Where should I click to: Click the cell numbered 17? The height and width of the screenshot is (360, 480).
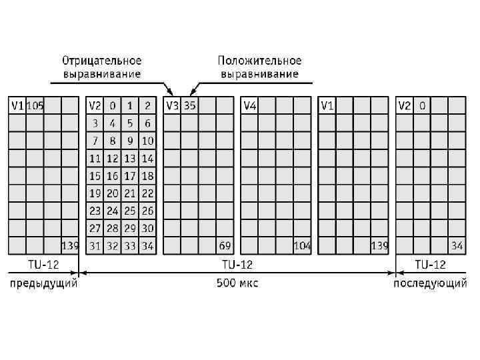tap(130, 176)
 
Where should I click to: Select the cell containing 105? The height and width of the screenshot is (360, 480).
tap(35, 105)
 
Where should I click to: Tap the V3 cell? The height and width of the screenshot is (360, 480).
tap(172, 105)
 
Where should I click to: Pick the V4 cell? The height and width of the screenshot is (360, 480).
tap(250, 105)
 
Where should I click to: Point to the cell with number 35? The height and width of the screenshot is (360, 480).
tap(190, 105)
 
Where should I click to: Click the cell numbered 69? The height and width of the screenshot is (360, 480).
tap(225, 246)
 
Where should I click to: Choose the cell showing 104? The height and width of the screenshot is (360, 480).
tap(302, 246)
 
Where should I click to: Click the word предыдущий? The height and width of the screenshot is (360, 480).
tap(43, 283)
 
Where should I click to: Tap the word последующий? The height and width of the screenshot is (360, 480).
tap(430, 283)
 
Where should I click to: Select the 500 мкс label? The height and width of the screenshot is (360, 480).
tap(237, 283)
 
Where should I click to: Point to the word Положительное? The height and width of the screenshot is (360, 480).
tap(260, 61)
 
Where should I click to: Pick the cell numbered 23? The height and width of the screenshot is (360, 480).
tap(95, 211)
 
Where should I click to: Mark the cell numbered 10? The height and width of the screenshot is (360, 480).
tap(147, 141)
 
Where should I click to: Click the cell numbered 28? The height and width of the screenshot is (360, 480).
tap(113, 228)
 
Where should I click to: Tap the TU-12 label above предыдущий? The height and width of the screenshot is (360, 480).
tap(43, 265)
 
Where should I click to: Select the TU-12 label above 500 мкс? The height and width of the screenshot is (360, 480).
tap(237, 265)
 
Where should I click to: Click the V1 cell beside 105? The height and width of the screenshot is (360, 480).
tap(17, 105)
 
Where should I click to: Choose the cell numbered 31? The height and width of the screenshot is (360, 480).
tap(95, 246)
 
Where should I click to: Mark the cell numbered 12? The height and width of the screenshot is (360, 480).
tap(113, 159)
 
